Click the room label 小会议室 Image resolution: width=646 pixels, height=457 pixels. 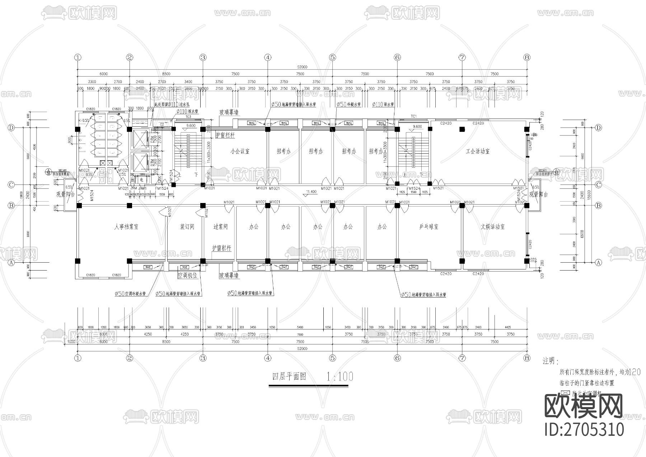pos(240,152)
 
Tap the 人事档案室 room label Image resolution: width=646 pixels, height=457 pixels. pos(126,227)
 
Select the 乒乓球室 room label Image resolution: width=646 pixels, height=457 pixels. pos(429,227)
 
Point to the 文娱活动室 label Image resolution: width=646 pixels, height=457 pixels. pos(492,227)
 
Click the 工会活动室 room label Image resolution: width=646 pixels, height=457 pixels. pos(478,152)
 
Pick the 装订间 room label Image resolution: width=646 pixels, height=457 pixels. pos(187,227)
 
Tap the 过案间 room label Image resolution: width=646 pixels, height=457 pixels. pos(220,227)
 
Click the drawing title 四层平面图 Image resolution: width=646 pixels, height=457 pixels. pos(289,377)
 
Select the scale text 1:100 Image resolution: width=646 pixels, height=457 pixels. pos(340,377)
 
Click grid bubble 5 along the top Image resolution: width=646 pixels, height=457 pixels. pos(332,57)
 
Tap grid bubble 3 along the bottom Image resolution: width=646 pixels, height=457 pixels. pos(203,358)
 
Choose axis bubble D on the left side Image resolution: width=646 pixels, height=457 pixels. pos(11,128)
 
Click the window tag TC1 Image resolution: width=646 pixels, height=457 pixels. pos(413,116)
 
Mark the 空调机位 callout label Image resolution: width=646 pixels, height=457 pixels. pos(187,275)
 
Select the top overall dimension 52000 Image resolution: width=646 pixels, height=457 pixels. pos(302,67)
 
